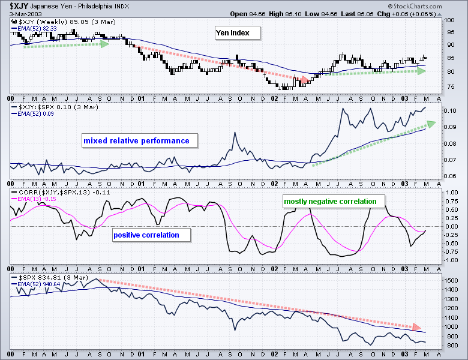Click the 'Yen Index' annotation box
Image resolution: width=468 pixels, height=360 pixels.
tap(237, 33)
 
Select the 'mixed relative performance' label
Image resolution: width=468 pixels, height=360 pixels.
tap(136, 141)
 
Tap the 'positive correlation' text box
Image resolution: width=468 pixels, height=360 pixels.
tap(146, 235)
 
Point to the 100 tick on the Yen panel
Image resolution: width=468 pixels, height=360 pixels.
tap(452, 20)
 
